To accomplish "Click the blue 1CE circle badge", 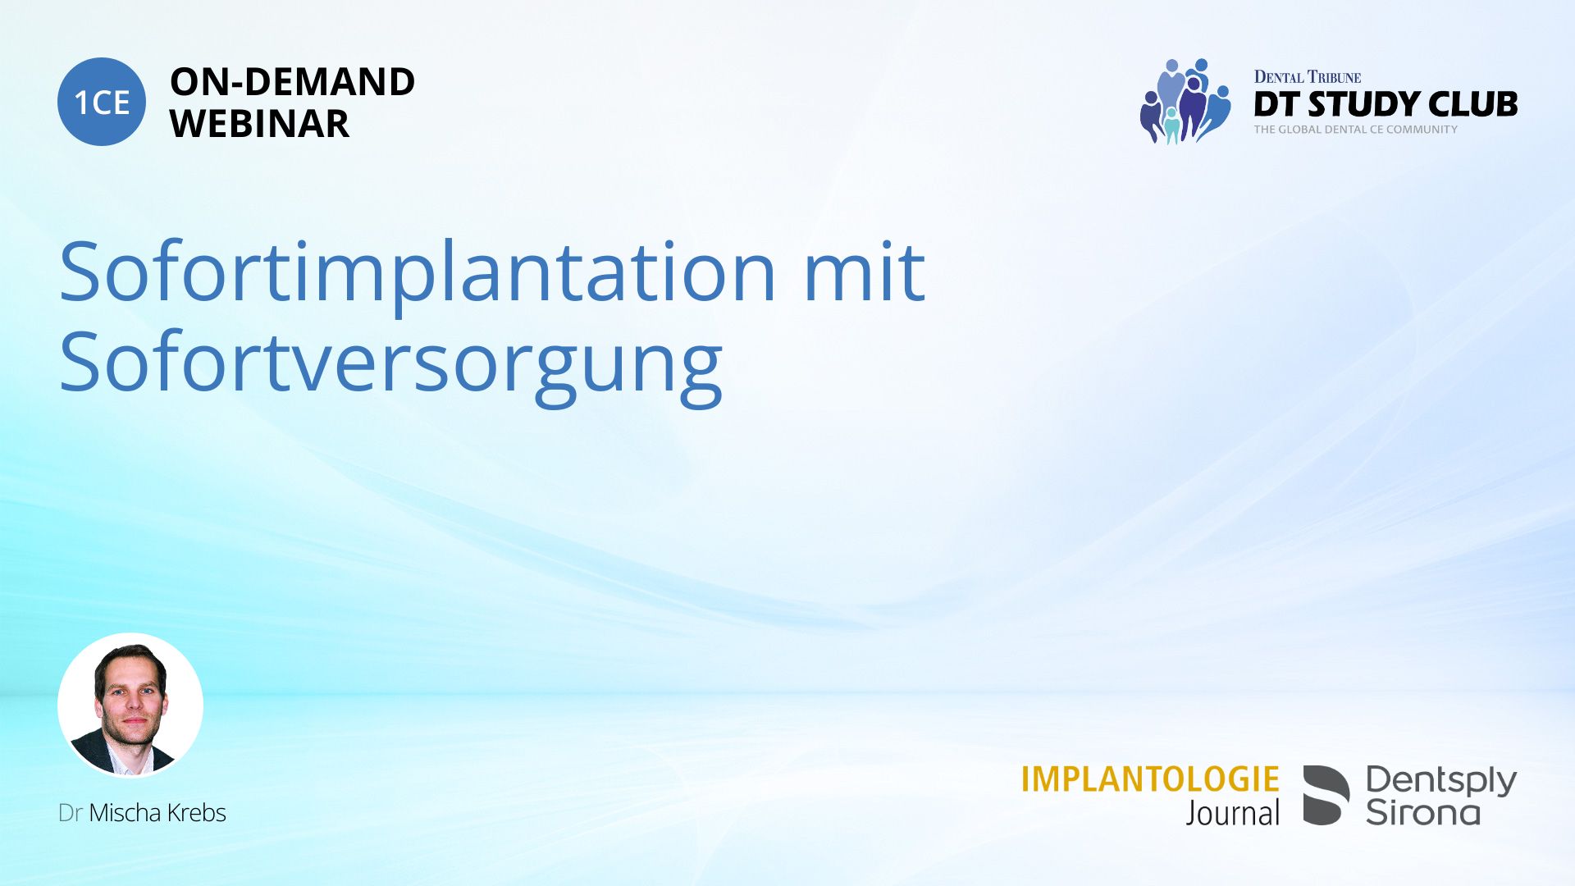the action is pos(102,102).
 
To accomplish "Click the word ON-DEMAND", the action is pos(292,82).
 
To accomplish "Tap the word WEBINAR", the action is pos(259,124).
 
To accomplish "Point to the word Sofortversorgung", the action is pos(391,365).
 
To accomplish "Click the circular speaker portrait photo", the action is pos(130,705).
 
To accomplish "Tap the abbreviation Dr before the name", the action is pos(70,813).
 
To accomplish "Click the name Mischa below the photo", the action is pos(125,813).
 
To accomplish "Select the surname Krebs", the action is pos(197,813).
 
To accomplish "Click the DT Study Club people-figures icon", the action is pos(1185,101).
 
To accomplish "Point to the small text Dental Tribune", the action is pos(1308,77).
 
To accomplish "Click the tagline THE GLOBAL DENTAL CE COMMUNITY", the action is pos(1355,130).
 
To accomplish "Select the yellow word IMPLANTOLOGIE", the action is pos(1150,779).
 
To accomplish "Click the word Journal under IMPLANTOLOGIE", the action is pos(1232,813).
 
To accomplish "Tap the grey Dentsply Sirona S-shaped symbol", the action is pos(1326,795).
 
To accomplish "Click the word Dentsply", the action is pos(1441,781).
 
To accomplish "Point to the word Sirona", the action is pos(1423,812).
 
